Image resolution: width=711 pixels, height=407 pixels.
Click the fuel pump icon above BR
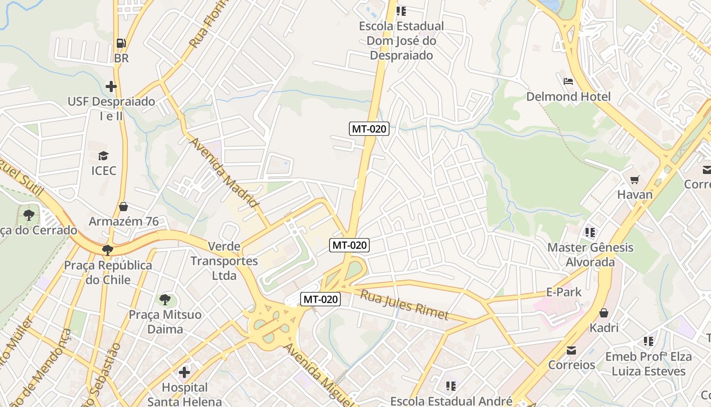pyautogui.click(x=121, y=43)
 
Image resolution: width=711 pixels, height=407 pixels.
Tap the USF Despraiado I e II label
pyautogui.click(x=111, y=108)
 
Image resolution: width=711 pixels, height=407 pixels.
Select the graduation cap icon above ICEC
pyautogui.click(x=104, y=156)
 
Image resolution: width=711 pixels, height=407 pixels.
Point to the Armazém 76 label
pyautogui.click(x=123, y=221)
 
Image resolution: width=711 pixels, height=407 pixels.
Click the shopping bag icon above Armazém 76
pyautogui.click(x=123, y=206)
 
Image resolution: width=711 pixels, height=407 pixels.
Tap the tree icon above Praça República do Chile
pyautogui.click(x=107, y=250)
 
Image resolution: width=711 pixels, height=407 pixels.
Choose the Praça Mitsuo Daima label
pyautogui.click(x=165, y=322)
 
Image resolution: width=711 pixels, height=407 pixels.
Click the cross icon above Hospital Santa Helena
pyautogui.click(x=184, y=372)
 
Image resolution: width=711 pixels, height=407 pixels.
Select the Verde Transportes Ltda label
pyautogui.click(x=224, y=261)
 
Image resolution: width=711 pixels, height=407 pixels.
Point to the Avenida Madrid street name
pyautogui.click(x=224, y=172)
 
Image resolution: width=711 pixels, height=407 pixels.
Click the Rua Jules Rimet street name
pyautogui.click(x=404, y=304)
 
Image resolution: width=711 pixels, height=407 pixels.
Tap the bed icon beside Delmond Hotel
pyautogui.click(x=568, y=81)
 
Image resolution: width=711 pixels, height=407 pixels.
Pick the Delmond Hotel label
pyautogui.click(x=568, y=96)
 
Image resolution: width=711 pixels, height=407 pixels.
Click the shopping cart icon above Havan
pyautogui.click(x=634, y=180)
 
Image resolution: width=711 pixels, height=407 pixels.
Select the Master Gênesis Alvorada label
pyautogui.click(x=590, y=254)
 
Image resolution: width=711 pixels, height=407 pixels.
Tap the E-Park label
pyautogui.click(x=563, y=292)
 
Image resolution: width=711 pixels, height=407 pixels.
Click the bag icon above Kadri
pyautogui.click(x=604, y=312)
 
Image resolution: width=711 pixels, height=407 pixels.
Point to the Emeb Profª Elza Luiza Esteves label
pyautogui.click(x=649, y=364)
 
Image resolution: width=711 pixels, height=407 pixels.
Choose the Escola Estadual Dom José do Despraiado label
pyautogui.click(x=401, y=40)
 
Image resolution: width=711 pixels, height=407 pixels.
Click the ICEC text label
pyautogui.click(x=104, y=170)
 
